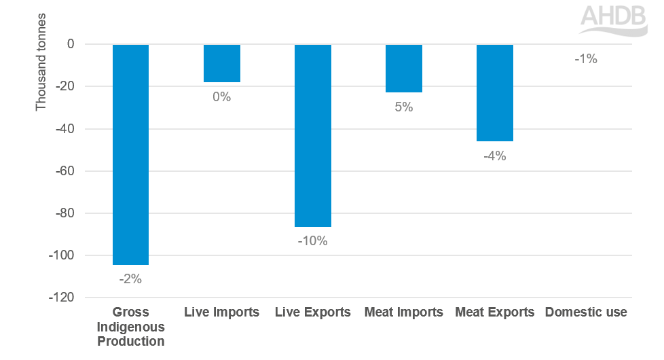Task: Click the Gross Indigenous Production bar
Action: coord(130,154)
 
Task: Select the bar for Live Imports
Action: coord(222,63)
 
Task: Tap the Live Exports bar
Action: coord(312,135)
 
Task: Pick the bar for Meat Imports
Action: coord(403,68)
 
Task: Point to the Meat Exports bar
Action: coord(494,92)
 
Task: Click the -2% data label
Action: coord(130,278)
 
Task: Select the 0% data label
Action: coord(222,97)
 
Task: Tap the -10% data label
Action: coord(312,241)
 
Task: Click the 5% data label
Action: coord(403,107)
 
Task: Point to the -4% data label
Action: coord(494,156)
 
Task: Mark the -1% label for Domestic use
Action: coord(585,59)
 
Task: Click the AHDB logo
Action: coord(613,19)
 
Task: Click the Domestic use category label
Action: coord(586,312)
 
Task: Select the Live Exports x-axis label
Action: coord(312,312)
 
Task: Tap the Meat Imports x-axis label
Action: coord(403,312)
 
